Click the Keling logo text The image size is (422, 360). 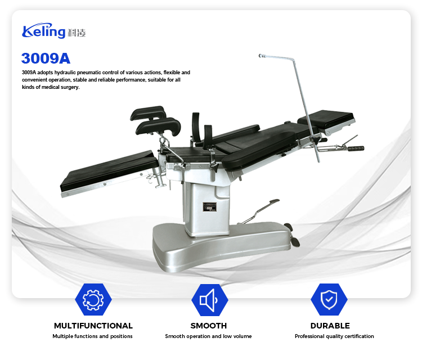(44, 31)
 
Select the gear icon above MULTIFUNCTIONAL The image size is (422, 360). (93, 300)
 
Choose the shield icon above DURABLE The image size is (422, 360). (329, 300)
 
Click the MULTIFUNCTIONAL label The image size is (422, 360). (93, 326)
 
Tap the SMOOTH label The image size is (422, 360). (209, 326)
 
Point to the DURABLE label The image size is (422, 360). (330, 326)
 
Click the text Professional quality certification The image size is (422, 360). (334, 336)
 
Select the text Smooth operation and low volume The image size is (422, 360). (208, 336)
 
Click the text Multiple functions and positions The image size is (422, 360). (93, 336)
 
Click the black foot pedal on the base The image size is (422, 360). (294, 242)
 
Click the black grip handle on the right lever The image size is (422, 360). (356, 148)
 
